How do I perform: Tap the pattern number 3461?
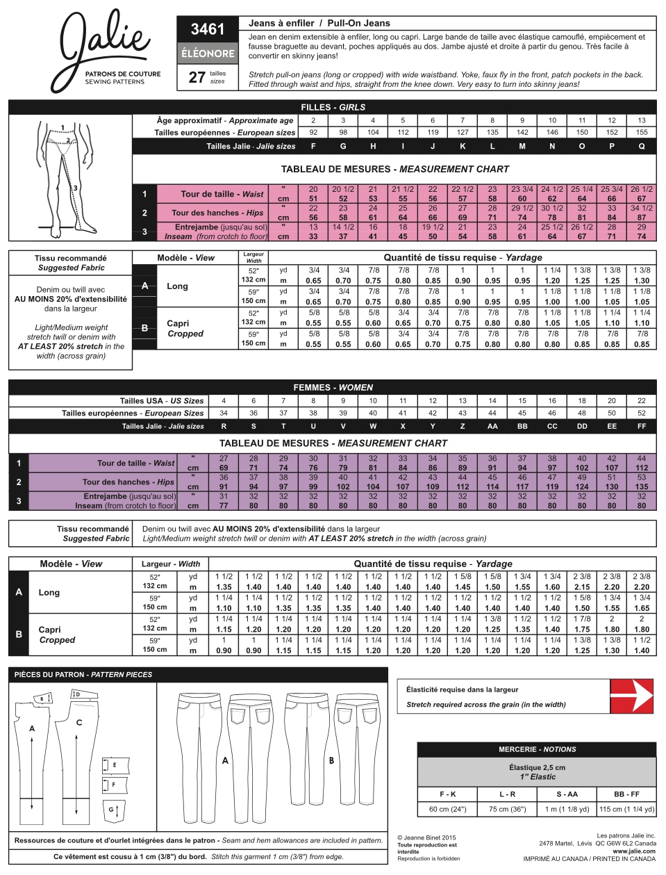tap(208, 29)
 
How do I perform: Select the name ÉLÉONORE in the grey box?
tap(208, 53)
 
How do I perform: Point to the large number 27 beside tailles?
tap(197, 77)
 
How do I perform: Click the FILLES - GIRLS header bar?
tap(333, 107)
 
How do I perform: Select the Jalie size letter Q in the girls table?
tap(642, 146)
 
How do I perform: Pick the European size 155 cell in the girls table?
tap(642, 132)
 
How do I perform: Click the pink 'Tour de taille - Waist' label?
tap(222, 194)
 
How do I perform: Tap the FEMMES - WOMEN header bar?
tap(333, 387)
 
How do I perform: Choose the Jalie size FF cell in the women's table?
tap(642, 426)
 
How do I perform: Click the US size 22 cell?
tap(642, 400)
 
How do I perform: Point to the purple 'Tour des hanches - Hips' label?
tap(128, 482)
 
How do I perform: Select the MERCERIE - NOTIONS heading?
tap(537, 749)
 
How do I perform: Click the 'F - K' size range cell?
tap(448, 794)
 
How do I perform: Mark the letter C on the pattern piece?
tap(79, 723)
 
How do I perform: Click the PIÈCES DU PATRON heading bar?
tap(83, 674)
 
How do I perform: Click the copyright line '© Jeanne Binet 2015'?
tap(426, 837)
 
